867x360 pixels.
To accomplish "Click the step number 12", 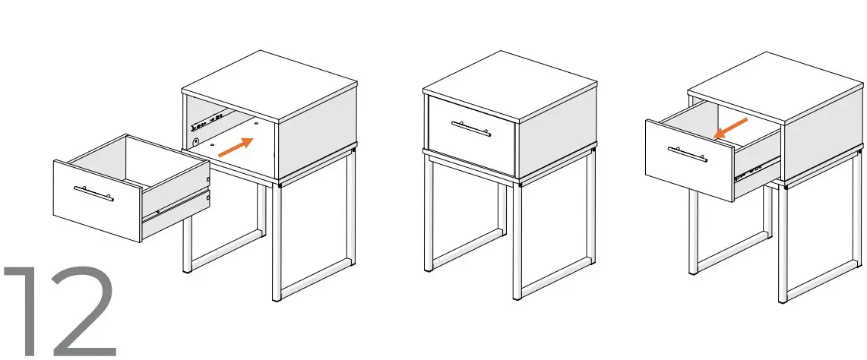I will coord(61,311).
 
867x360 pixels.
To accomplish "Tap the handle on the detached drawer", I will coord(93,194).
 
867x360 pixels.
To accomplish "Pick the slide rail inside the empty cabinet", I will coord(210,118).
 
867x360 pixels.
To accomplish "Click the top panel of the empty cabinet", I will coord(270,84).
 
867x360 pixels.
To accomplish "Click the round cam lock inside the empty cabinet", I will coord(197,141).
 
